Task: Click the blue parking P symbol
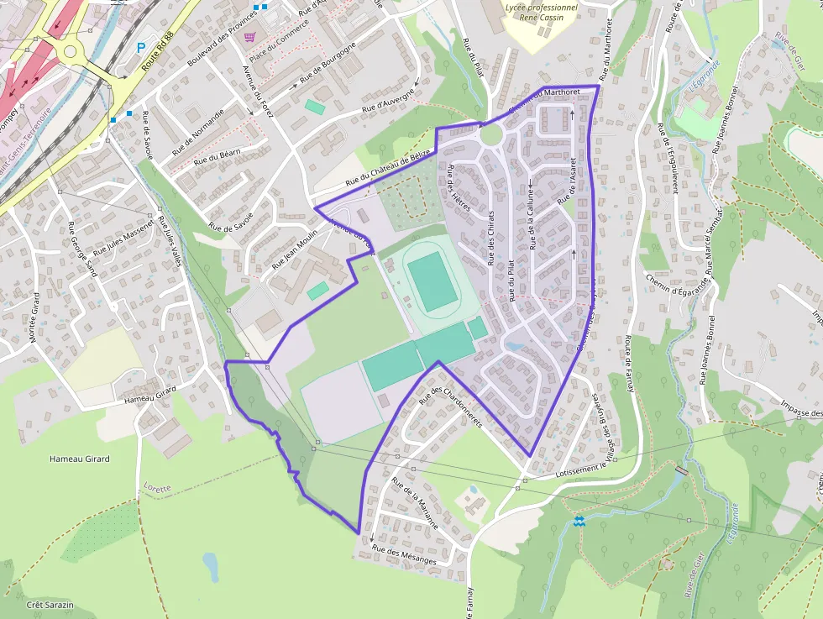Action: (141, 49)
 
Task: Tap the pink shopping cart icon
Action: (249, 37)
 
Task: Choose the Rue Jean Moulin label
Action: (296, 249)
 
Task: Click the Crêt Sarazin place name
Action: (50, 605)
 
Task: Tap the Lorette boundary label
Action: (157, 487)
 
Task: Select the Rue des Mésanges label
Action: (405, 555)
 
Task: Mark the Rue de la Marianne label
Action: (415, 501)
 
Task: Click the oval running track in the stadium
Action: (432, 282)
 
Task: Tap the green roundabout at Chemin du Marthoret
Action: (491, 134)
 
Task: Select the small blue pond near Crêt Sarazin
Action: (210, 567)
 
